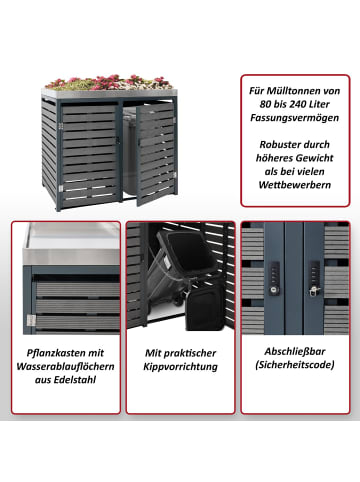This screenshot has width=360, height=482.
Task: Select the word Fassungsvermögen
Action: (x=295, y=118)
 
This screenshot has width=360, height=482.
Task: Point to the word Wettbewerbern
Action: (x=295, y=185)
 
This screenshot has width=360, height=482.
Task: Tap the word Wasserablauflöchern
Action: (x=65, y=366)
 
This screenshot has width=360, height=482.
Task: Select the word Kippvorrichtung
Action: (x=180, y=367)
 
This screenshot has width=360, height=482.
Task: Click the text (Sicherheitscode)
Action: (x=295, y=365)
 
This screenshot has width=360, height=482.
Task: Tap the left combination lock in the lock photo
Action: (x=274, y=278)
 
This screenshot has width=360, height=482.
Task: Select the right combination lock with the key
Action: (x=314, y=279)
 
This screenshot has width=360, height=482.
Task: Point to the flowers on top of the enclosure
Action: (x=108, y=82)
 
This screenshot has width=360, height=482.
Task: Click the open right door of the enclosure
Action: (x=156, y=153)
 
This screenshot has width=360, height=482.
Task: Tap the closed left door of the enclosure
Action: (x=89, y=154)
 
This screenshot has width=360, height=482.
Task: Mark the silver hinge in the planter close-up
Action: (x=31, y=320)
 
